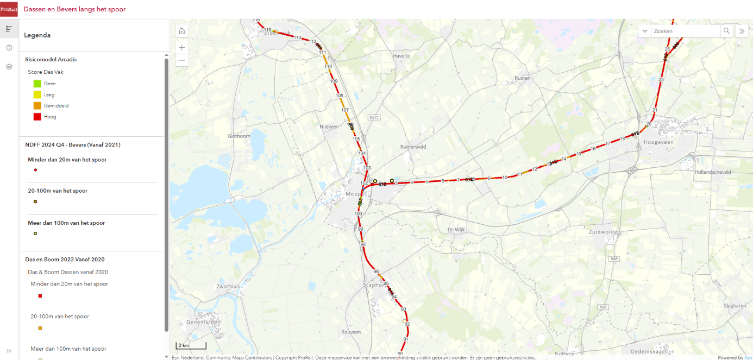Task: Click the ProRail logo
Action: (9, 9)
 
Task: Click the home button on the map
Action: (182, 31)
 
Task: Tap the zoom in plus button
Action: (182, 47)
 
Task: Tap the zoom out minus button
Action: (182, 60)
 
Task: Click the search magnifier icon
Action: (726, 31)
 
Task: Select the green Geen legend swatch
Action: (37, 84)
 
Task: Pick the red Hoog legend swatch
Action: (37, 116)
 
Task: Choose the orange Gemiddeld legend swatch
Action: (37, 105)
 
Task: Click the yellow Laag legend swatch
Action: (37, 94)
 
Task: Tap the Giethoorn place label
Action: (239, 136)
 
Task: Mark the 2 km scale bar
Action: (191, 346)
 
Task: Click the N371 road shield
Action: (374, 117)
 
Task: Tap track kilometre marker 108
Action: (340, 96)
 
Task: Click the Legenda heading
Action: (37, 35)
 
